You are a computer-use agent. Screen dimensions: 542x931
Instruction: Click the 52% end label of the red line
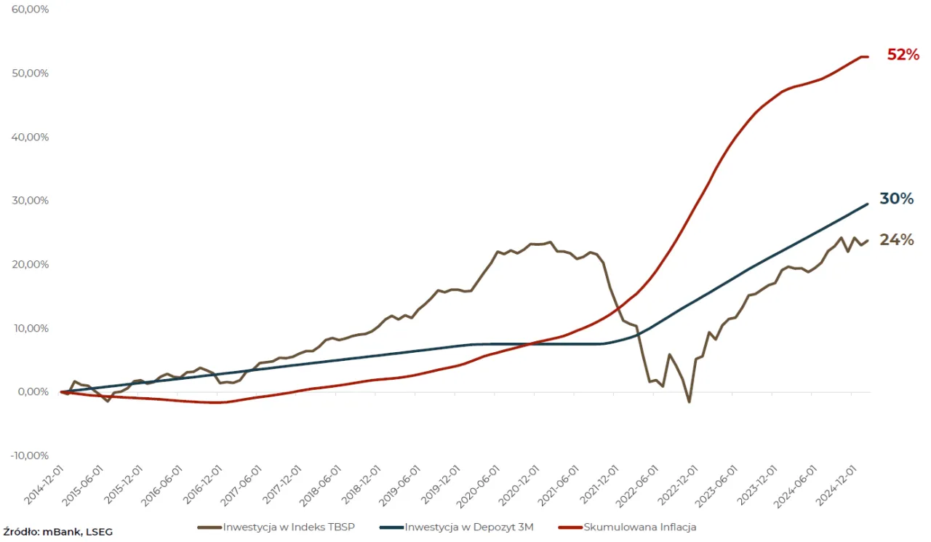903,55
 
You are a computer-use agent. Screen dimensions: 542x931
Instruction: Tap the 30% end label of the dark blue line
896,199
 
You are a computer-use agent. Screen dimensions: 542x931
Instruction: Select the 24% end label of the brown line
896,239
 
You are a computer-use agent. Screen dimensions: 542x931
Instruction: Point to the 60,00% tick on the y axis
30,9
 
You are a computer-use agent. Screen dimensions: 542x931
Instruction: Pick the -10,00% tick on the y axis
30,455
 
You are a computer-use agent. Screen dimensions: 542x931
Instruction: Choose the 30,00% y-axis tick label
30,201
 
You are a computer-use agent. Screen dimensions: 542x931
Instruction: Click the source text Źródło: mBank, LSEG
57,532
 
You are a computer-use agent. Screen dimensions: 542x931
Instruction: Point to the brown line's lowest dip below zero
690,402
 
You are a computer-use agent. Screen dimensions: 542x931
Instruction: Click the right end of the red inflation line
868,57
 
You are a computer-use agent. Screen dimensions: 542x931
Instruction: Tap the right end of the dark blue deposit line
868,204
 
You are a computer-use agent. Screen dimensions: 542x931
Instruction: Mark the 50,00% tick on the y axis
30,73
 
